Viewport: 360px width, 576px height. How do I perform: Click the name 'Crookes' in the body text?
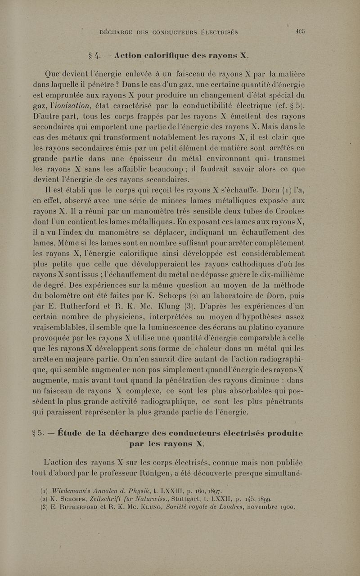pyautogui.click(x=299, y=196)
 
